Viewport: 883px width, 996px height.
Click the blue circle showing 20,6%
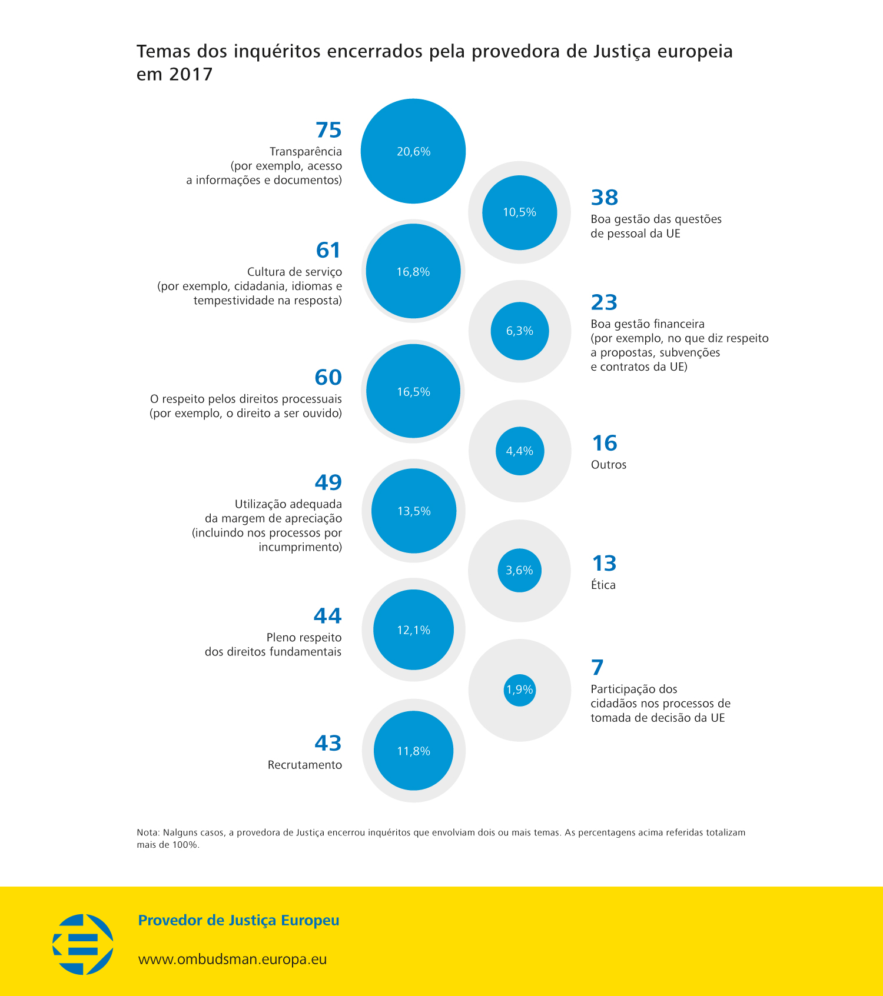(413, 151)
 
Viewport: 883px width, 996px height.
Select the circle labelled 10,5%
(519, 212)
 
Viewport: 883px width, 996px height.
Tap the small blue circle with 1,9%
(519, 689)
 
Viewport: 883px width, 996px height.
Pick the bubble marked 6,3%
(520, 331)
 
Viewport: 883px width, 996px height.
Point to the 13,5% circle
(414, 511)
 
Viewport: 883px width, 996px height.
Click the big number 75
(328, 130)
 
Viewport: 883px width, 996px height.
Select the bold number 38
(605, 198)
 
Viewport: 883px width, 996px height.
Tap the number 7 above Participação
(597, 668)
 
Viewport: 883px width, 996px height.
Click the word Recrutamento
(304, 765)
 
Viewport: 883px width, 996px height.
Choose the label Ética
(603, 585)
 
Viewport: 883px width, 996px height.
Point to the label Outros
(608, 465)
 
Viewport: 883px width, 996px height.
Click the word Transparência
(306, 152)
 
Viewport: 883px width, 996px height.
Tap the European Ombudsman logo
(83, 944)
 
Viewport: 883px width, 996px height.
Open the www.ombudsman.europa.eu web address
(232, 959)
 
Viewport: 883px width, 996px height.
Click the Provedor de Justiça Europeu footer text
(238, 921)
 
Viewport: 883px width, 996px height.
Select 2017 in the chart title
(190, 75)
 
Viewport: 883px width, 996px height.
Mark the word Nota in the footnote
(147, 832)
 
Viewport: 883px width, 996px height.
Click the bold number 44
(327, 616)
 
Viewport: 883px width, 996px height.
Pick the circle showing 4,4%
(520, 451)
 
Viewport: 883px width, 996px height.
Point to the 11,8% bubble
(414, 751)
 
